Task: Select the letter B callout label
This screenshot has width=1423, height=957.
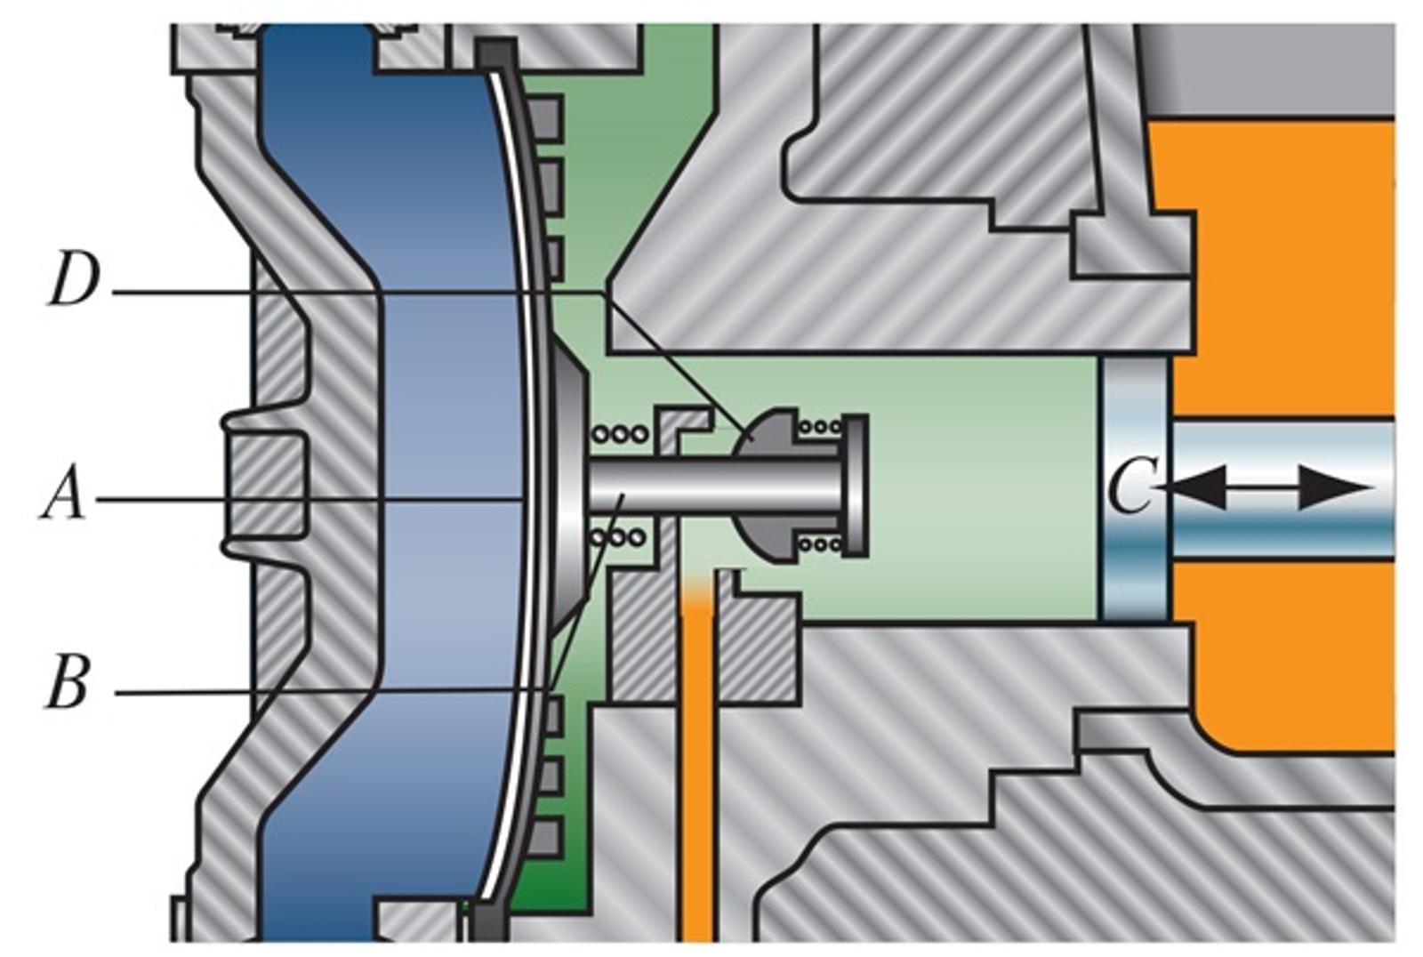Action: point(67,683)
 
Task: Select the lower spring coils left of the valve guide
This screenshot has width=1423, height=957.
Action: point(620,537)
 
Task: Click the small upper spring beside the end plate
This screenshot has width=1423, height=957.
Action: point(820,426)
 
